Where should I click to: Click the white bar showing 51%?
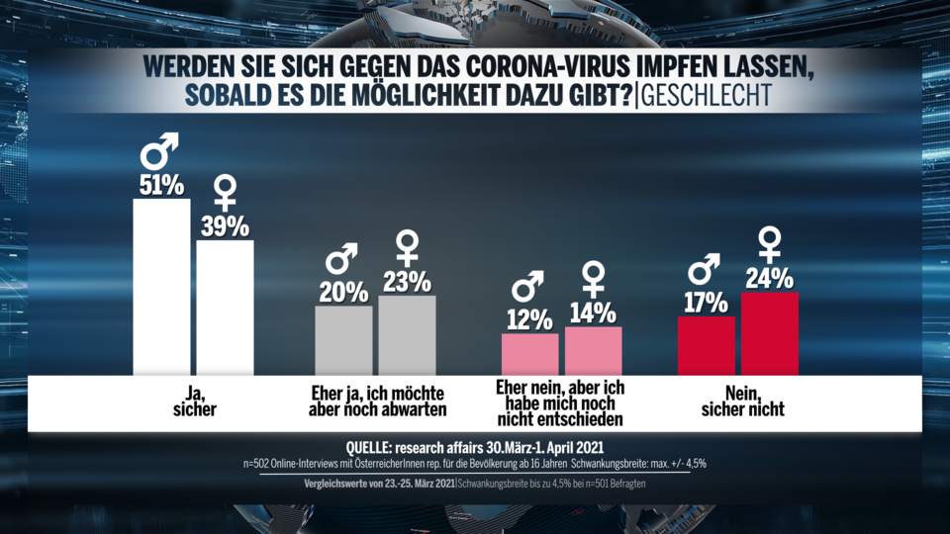(161, 287)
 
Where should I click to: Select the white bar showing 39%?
(225, 308)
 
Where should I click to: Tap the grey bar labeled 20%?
(343, 340)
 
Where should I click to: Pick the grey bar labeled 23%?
(407, 335)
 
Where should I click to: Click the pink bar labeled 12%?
(529, 354)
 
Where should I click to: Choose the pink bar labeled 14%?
(593, 351)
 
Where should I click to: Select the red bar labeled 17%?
(706, 346)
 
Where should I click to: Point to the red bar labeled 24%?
(769, 333)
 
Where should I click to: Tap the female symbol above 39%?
(226, 192)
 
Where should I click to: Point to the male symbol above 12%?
(528, 288)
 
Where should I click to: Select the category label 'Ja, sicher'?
(194, 400)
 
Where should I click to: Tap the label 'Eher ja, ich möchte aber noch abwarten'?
(374, 400)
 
